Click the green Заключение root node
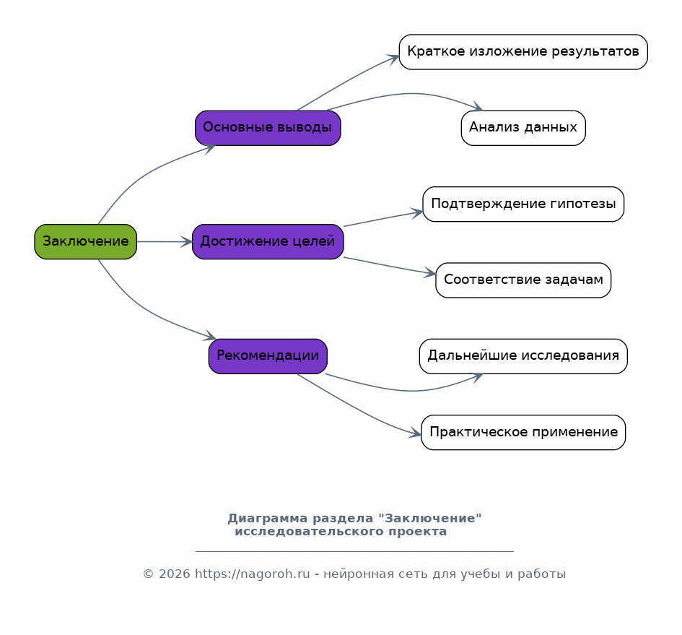tap(86, 242)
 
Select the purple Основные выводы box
tap(268, 128)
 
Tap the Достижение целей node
tap(268, 242)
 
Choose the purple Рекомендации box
tap(268, 356)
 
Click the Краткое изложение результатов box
tap(523, 52)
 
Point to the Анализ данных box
tap(523, 128)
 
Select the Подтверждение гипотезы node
tap(523, 204)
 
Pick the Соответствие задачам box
tap(523, 280)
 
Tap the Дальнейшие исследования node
tap(523, 356)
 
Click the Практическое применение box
tap(523, 433)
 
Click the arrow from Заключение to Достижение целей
tap(165, 242)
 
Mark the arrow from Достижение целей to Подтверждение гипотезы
tap(382, 219)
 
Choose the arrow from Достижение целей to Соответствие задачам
tap(389, 266)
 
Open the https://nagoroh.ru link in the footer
tap(253, 574)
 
